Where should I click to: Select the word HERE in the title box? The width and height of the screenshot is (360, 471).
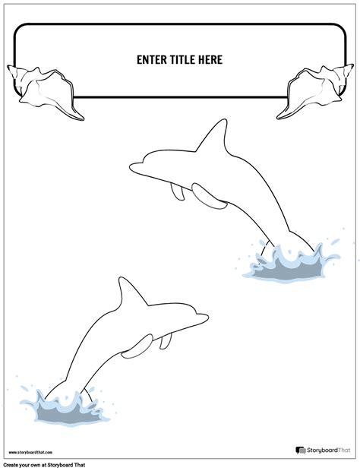coord(210,60)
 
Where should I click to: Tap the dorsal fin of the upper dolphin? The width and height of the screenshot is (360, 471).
coord(213,136)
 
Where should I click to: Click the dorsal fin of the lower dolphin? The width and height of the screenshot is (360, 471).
coord(131,292)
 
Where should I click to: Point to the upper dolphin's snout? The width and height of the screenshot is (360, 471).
coord(137,167)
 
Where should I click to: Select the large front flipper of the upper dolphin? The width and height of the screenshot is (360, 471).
coord(209,197)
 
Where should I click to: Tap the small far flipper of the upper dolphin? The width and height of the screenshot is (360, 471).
coord(178,191)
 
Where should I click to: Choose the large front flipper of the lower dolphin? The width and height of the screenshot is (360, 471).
coord(137,346)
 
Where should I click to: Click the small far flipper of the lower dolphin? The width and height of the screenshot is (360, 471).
coord(166,341)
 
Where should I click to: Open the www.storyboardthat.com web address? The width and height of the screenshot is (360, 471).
coord(30,452)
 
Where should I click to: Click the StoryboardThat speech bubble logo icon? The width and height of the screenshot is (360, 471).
coord(301,450)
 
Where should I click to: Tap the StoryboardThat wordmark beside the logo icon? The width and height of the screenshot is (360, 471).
coord(328,450)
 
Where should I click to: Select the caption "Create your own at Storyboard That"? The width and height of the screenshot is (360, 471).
coord(45,465)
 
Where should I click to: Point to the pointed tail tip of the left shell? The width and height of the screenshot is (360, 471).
coord(83,119)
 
